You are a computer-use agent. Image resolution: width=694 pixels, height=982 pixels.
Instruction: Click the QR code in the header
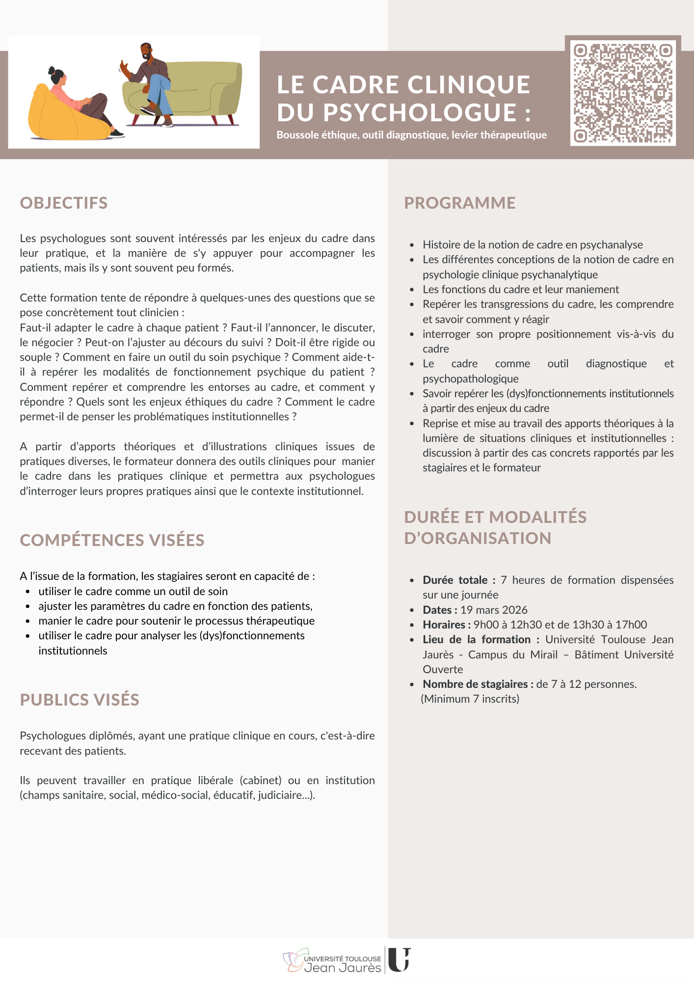click(623, 92)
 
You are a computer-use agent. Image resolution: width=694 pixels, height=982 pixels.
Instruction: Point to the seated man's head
click(146, 51)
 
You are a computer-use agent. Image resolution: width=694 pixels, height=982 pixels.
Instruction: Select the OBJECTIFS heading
click(64, 203)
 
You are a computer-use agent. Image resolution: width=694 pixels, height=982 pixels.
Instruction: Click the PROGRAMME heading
click(460, 203)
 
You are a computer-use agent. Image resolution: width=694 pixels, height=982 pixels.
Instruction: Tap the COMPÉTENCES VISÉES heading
click(112, 540)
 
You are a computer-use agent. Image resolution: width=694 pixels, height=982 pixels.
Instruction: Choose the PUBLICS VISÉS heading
click(80, 700)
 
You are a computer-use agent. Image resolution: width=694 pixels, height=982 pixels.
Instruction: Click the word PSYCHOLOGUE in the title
click(420, 112)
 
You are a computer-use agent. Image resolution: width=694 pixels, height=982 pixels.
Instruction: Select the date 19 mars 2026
click(494, 610)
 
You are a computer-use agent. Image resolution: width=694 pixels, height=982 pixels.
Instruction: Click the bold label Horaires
click(444, 625)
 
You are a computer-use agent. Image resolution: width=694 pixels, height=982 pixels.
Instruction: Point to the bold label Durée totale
click(455, 580)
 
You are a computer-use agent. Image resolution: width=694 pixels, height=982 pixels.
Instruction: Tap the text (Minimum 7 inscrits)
click(470, 699)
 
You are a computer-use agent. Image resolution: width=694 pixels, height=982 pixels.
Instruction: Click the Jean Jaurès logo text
click(343, 968)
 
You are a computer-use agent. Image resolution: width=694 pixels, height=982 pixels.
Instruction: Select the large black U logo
click(399, 959)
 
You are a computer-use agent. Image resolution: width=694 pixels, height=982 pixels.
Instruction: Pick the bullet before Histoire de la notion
click(412, 245)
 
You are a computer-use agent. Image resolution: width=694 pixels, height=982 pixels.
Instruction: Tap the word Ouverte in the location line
click(443, 669)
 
